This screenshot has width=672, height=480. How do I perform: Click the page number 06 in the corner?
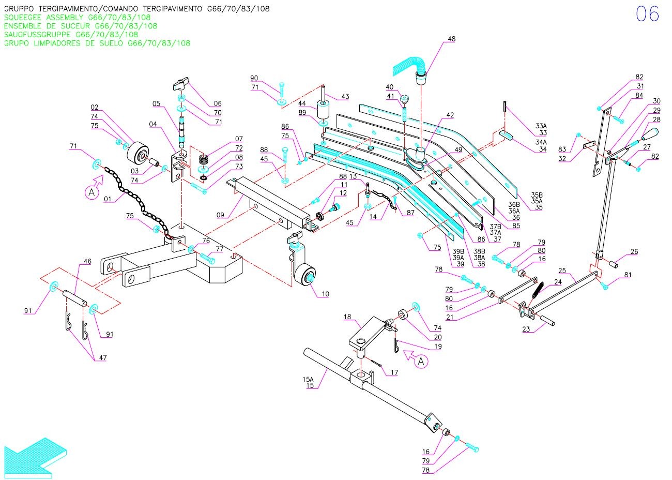click(647, 14)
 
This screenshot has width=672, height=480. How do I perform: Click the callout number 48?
click(451, 39)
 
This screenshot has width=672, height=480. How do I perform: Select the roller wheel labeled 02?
click(136, 152)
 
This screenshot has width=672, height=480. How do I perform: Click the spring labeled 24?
click(536, 294)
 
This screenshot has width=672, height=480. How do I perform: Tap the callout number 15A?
click(308, 379)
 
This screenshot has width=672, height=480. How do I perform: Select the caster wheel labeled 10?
click(308, 275)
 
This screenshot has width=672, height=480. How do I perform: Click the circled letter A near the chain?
click(91, 193)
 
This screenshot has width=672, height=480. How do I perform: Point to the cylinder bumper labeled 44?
click(324, 110)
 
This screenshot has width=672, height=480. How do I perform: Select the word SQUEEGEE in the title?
click(24, 17)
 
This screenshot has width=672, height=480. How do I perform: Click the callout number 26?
click(634, 252)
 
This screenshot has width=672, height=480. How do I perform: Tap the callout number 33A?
click(541, 126)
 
